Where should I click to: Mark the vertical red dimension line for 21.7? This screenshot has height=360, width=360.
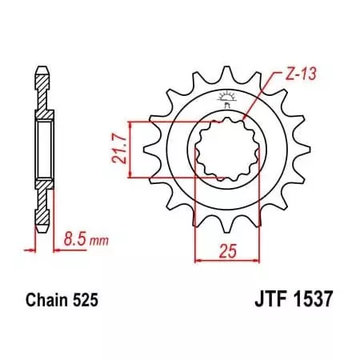coord(127,148)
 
